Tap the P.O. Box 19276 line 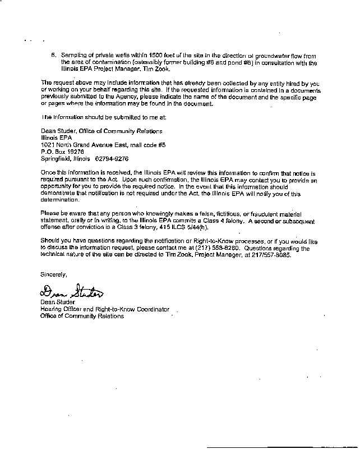(62, 152)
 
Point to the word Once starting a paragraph (49, 175)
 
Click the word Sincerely (53, 275)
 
